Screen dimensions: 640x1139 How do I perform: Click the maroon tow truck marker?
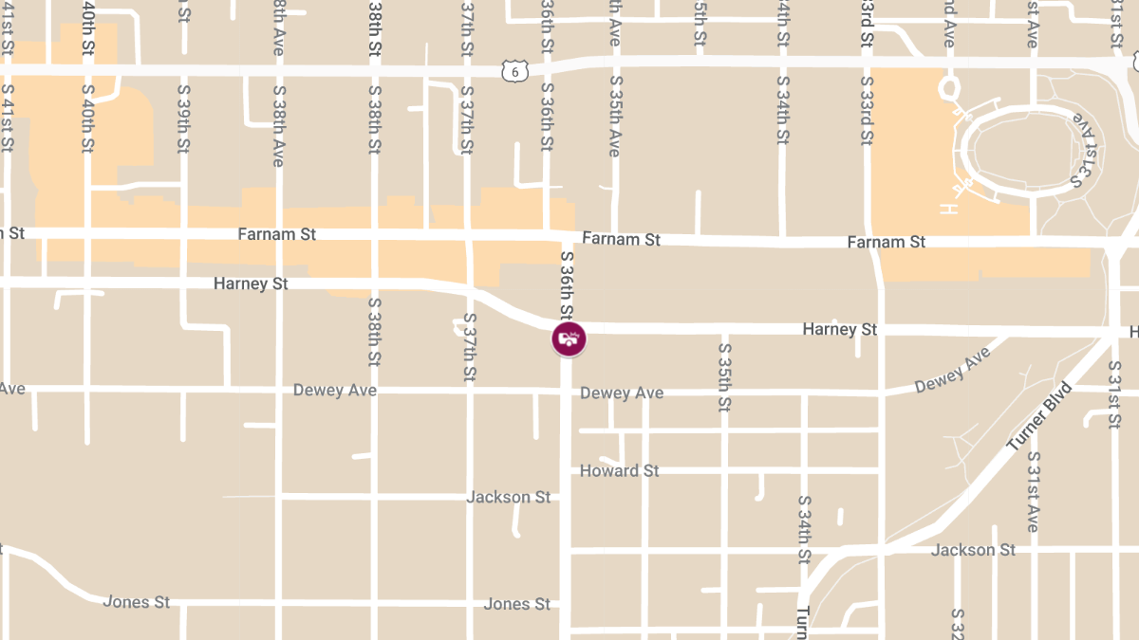click(x=569, y=338)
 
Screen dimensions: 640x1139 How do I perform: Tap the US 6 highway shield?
click(x=513, y=71)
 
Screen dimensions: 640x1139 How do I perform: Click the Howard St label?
click(x=619, y=470)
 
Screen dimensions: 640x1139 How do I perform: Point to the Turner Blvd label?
click(x=1039, y=416)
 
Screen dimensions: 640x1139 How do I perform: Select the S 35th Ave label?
click(x=615, y=117)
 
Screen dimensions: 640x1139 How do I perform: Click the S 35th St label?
click(x=724, y=377)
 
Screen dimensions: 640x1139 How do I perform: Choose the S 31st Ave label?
click(x=1034, y=491)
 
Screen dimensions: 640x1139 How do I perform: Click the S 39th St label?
click(x=183, y=118)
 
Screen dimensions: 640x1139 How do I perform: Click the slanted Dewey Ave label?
click(x=952, y=370)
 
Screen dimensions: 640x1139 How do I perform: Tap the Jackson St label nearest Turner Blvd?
click(x=973, y=550)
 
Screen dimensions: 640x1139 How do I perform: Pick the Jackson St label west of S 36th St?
click(x=508, y=497)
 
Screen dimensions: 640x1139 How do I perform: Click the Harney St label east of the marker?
click(x=840, y=329)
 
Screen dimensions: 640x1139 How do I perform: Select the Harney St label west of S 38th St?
click(x=250, y=283)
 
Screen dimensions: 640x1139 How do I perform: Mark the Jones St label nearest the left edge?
click(x=136, y=602)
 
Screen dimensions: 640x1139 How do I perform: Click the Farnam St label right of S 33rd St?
click(x=886, y=243)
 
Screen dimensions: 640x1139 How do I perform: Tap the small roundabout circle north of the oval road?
click(x=947, y=89)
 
